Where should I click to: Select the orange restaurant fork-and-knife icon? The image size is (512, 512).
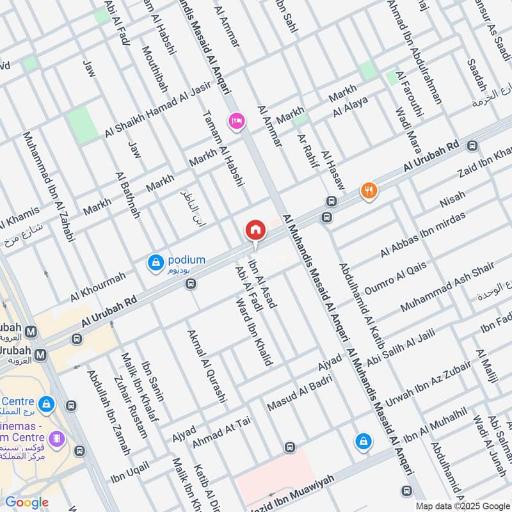368,190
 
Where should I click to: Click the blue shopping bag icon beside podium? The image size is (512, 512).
156,262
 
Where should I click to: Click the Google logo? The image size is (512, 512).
26,502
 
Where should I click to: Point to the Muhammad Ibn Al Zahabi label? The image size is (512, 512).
49,186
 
